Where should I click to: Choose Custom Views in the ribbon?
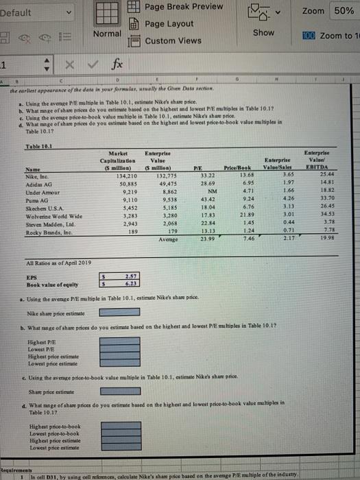[x=173, y=40]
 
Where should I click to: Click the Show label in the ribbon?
[x=263, y=33]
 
